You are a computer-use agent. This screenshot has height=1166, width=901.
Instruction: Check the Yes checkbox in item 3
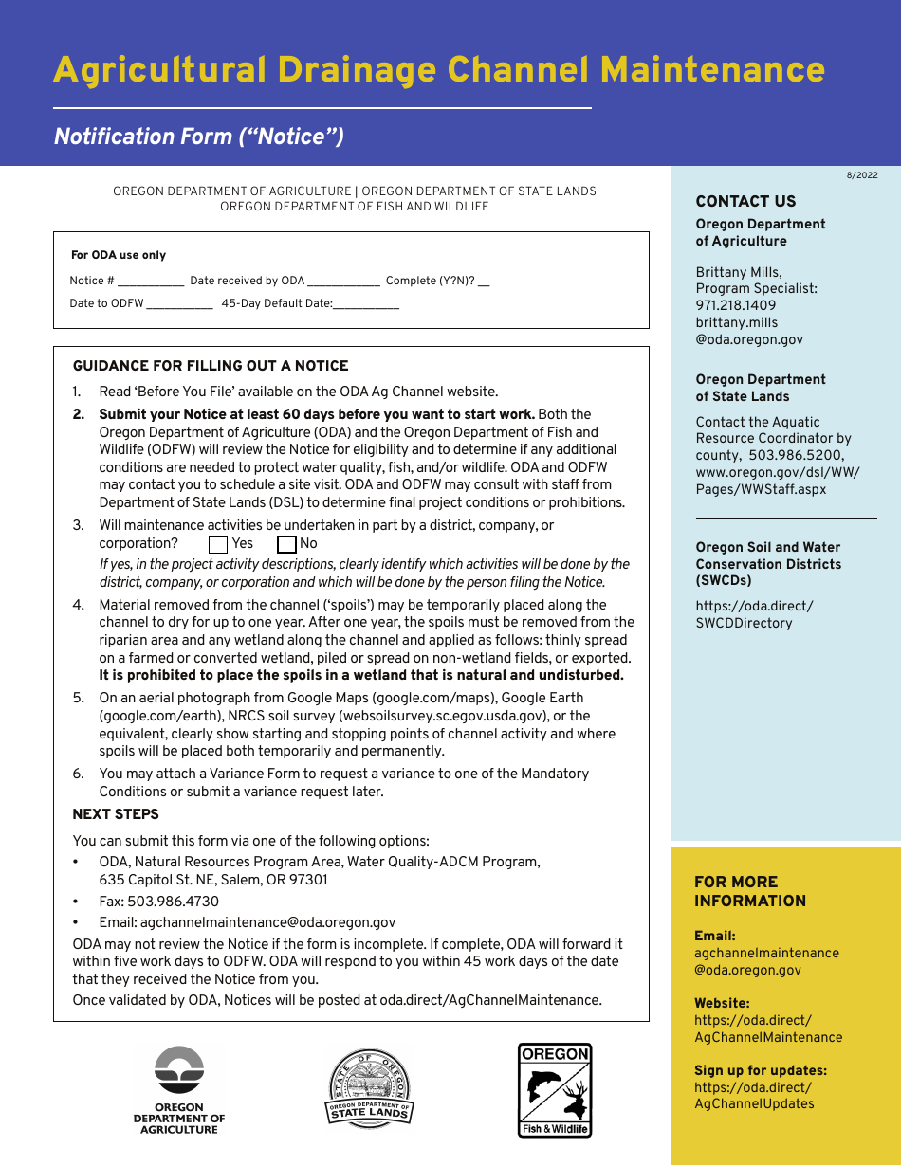coord(218,544)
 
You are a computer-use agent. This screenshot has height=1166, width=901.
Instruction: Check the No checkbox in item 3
coord(286,544)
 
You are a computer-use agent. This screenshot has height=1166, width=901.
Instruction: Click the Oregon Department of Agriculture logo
coord(179,1089)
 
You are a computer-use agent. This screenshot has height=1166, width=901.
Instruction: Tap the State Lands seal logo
coord(370,1088)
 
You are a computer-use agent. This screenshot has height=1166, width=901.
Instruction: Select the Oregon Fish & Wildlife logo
coord(555,1089)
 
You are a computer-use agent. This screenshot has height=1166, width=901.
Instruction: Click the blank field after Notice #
coord(152,282)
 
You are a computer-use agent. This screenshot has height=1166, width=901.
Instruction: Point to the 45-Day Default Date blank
coord(366,305)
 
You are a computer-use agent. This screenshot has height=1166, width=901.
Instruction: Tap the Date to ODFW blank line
coord(180,305)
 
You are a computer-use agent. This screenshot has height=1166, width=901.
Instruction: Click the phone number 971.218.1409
coord(736,305)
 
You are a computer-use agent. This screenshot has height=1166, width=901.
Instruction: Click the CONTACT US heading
coord(745,201)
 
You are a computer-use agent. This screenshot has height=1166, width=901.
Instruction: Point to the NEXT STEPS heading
coord(116,814)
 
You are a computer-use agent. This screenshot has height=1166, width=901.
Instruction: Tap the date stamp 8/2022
coord(862,175)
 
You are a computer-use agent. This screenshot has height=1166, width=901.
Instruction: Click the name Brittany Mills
coord(738,273)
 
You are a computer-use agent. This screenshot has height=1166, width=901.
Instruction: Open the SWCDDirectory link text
coord(744,623)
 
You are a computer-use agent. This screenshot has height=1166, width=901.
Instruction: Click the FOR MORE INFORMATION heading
coord(749,891)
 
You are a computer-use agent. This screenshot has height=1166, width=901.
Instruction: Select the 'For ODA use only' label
coord(119,255)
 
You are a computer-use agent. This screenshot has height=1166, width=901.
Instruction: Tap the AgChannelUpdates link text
coord(754,1103)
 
